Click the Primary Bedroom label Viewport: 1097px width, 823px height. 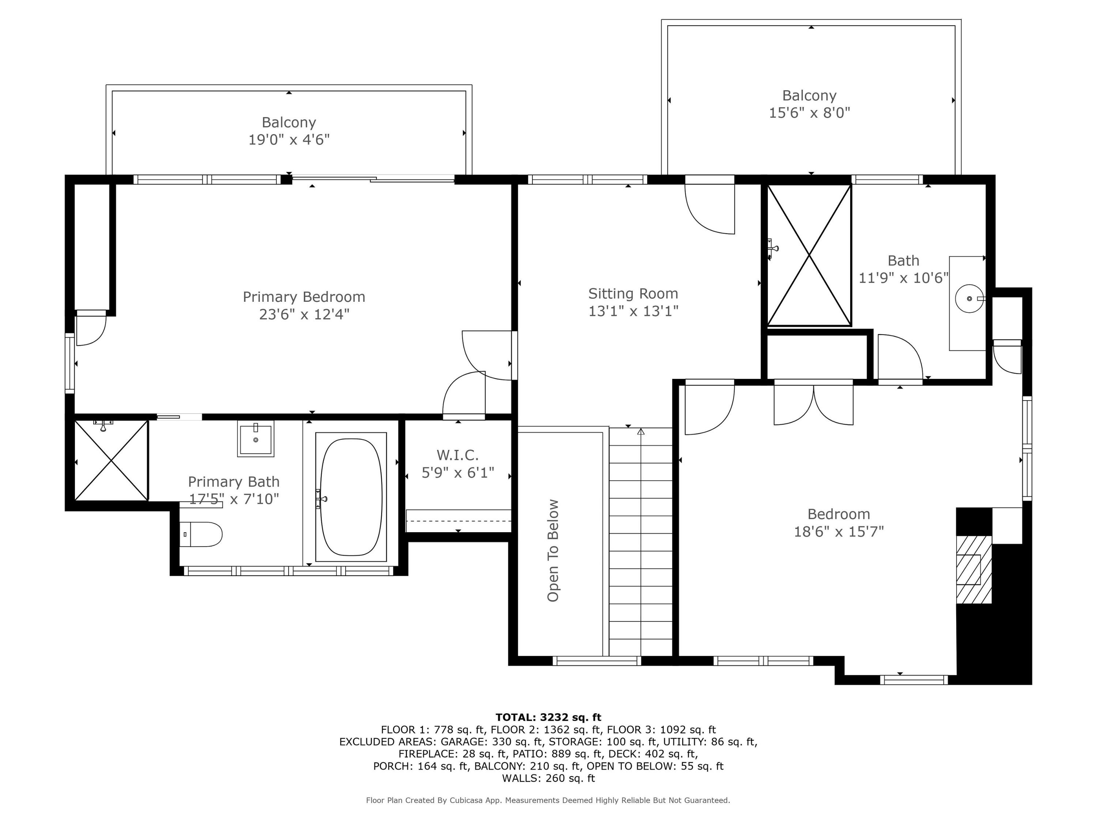coord(304,297)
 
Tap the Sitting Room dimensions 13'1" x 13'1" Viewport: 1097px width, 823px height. coord(633,311)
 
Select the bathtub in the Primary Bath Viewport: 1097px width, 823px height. coord(351,497)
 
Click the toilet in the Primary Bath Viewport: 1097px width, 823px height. coord(200,534)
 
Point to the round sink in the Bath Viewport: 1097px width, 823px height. coord(969,298)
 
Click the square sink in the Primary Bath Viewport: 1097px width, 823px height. coord(255,438)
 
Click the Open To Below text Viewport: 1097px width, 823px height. coord(553,550)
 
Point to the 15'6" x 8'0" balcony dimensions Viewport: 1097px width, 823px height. coord(809,113)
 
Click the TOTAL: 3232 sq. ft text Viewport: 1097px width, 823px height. coord(548,717)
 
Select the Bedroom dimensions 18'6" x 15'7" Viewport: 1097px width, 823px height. coord(838,532)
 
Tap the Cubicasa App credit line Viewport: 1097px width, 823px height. coord(548,800)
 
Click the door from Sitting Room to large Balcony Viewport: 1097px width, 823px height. coord(710,204)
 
